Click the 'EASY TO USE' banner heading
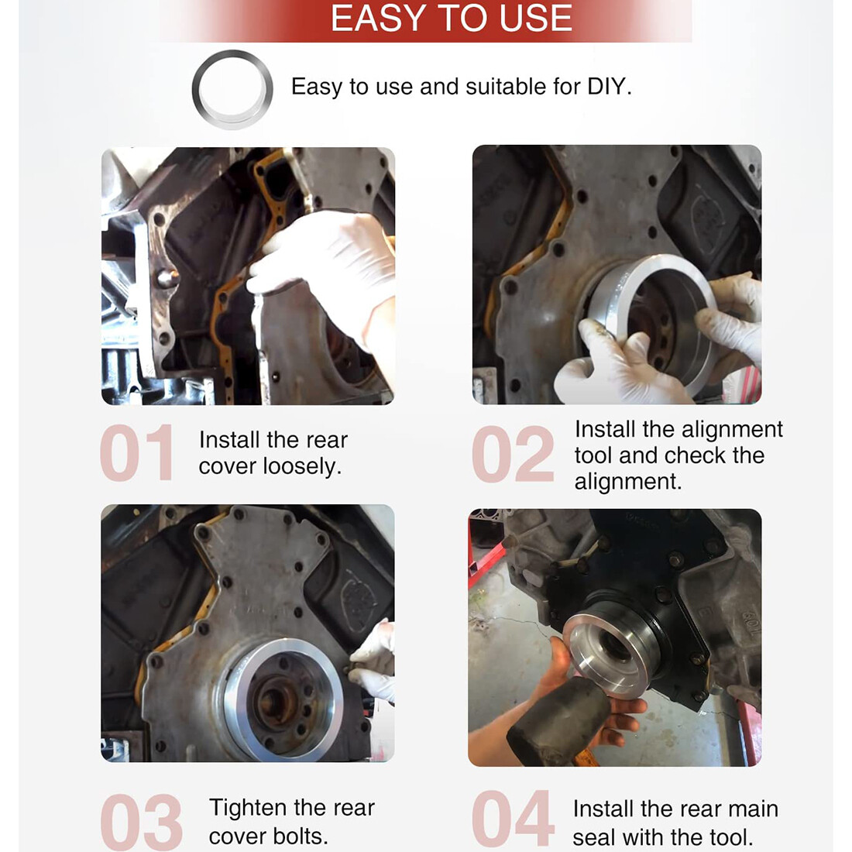[452, 18]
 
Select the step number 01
[136, 452]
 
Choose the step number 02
[513, 454]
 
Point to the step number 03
[141, 822]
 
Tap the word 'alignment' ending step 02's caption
[628, 482]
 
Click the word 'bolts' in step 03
[300, 837]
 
